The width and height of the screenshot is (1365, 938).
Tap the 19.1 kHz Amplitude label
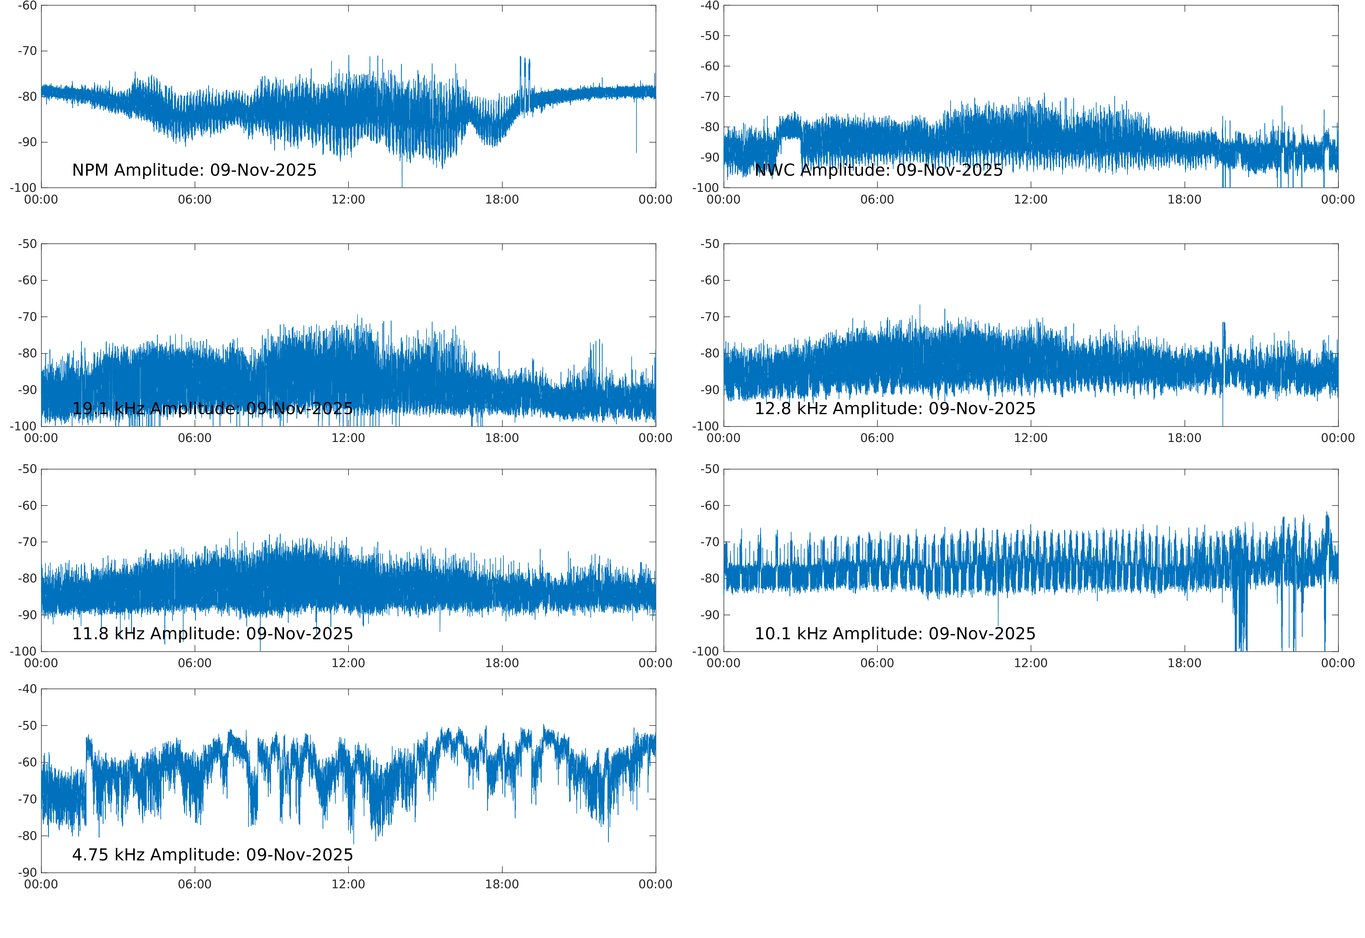tap(212, 408)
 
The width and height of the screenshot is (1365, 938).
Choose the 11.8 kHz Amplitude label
tap(212, 634)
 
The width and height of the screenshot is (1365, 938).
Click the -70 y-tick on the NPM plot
tap(27, 51)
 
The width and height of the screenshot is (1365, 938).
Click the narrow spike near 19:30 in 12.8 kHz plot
tap(1223, 341)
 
